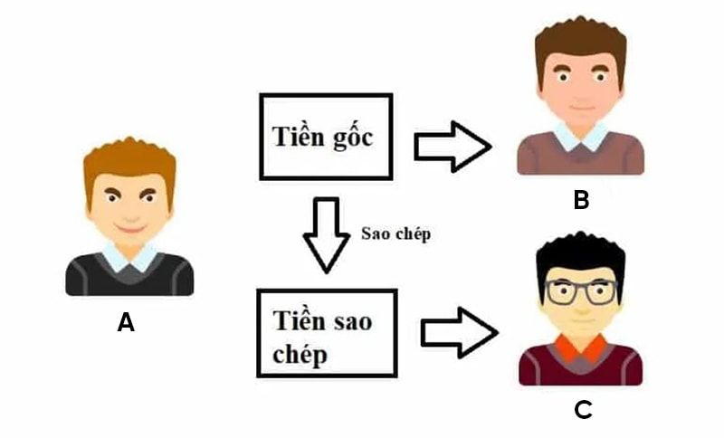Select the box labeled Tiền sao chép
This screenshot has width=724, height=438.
coord(327,333)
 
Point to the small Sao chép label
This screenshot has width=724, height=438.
coord(395,233)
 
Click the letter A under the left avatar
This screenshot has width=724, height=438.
coord(126,322)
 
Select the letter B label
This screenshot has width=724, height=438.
coord(581,200)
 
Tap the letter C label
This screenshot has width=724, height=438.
coord(583,409)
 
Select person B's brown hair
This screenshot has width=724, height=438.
coord(580,41)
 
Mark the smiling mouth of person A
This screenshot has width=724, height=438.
coord(129,225)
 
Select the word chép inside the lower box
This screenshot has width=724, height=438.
coord(300,354)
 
